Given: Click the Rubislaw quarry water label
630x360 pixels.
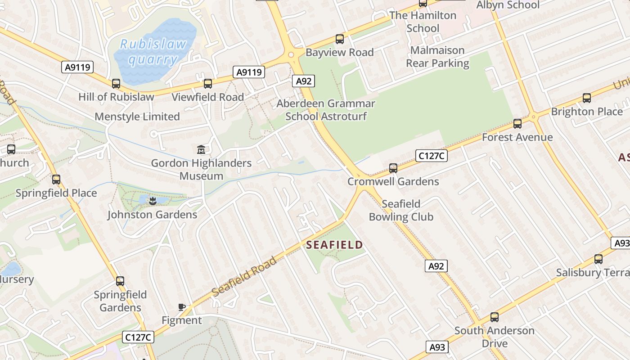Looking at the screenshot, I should [x=153, y=51].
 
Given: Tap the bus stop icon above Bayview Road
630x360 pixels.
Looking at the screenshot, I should [x=340, y=39].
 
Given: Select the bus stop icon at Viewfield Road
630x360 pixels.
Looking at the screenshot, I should [x=207, y=83].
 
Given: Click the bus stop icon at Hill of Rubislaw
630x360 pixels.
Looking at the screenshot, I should [x=116, y=83].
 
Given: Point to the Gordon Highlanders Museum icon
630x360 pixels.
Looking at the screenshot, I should [x=201, y=149].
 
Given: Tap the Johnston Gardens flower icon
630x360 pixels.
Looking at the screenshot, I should [x=153, y=201].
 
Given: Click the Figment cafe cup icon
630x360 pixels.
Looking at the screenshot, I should [x=182, y=307].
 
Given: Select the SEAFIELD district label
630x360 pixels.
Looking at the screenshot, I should [x=334, y=245].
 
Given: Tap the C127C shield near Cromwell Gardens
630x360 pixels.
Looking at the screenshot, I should [x=432, y=156].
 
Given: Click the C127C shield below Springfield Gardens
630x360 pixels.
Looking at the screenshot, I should [x=138, y=337].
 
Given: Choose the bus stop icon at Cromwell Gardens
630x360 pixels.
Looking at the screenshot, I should [x=393, y=168].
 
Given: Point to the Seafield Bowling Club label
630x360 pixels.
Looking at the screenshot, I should [x=401, y=210].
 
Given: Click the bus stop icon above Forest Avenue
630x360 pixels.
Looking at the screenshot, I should [x=517, y=123].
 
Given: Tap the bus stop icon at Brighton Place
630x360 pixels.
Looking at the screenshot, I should [x=587, y=98].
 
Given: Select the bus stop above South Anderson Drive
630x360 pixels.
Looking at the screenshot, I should [x=495, y=317].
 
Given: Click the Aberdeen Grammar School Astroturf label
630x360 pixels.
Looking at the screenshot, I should [x=326, y=110].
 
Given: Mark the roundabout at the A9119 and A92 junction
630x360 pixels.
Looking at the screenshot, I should [x=291, y=55].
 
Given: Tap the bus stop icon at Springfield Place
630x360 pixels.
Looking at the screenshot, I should [x=56, y=179].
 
